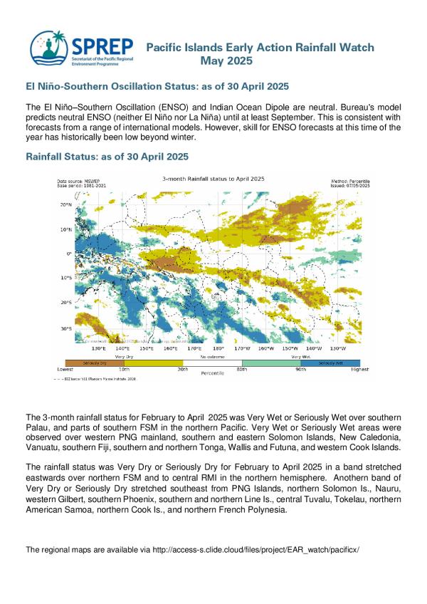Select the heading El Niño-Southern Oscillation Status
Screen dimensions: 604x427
point(157,87)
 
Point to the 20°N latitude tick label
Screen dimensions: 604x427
point(64,204)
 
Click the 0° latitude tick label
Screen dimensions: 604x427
point(69,254)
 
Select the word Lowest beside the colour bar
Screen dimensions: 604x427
point(65,370)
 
